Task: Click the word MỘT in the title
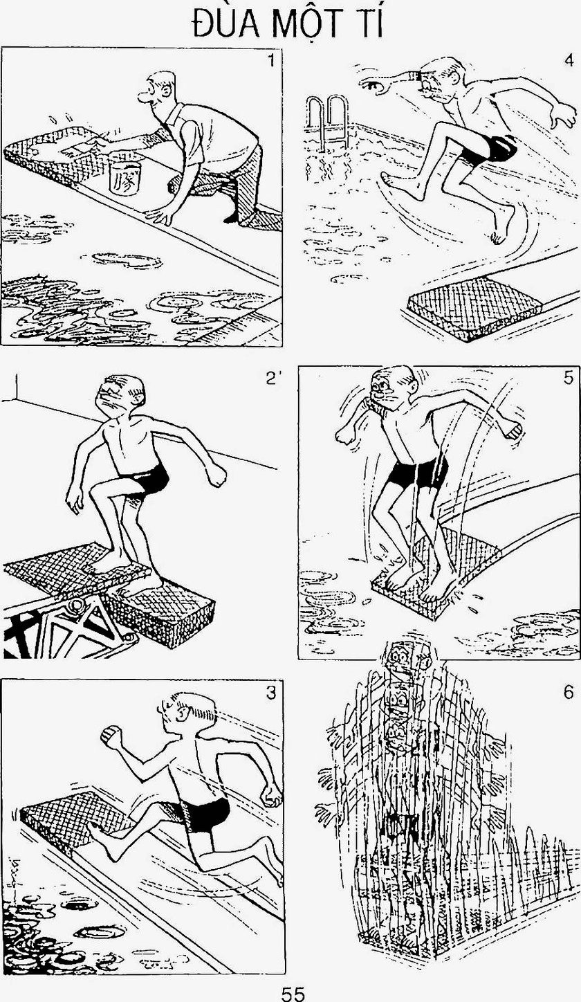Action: [308, 24]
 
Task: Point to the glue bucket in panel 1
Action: [124, 174]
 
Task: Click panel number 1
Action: [270, 60]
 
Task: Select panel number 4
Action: [569, 60]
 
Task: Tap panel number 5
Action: [568, 378]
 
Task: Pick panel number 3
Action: [271, 693]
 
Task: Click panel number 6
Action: [568, 693]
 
